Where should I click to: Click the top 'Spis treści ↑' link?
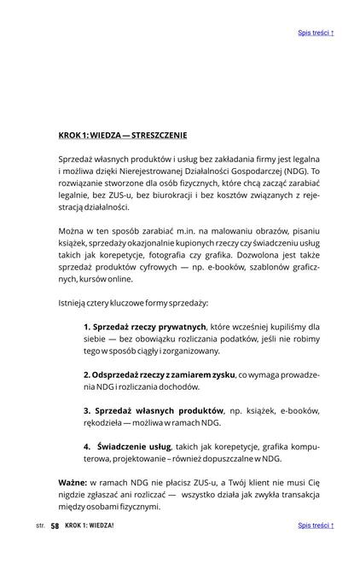click(x=316, y=33)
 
